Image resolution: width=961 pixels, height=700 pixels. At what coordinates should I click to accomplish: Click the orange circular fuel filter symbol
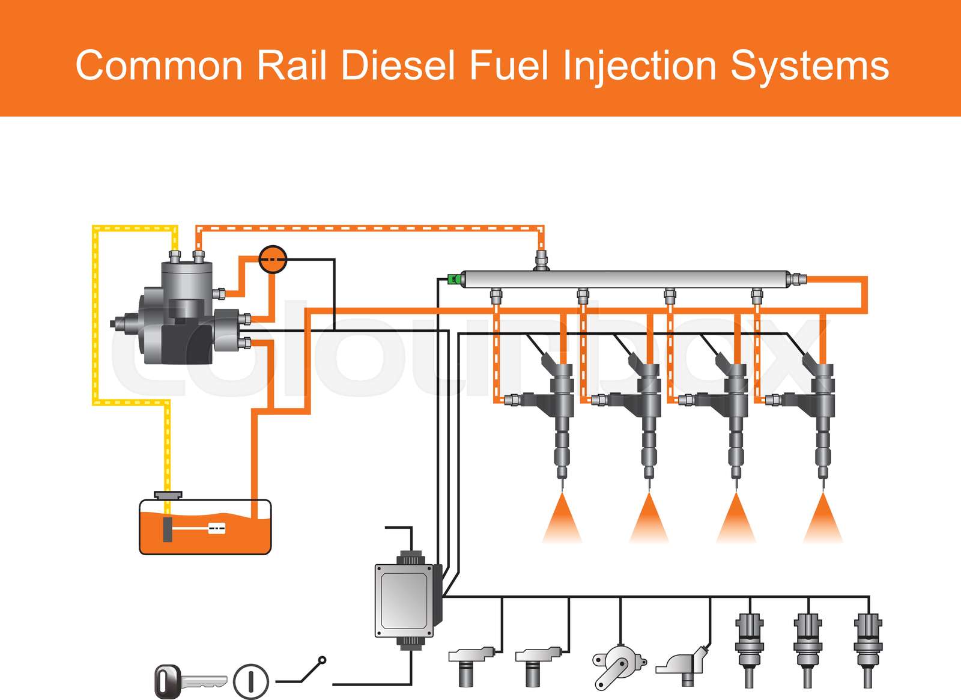(x=273, y=259)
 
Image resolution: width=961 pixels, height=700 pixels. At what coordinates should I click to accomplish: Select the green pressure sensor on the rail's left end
(x=455, y=279)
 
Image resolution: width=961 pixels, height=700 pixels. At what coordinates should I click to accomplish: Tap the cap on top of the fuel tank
(x=168, y=495)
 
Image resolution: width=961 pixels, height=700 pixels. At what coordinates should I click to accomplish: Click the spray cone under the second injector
(x=649, y=520)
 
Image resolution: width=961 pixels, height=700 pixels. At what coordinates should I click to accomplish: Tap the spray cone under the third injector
(x=736, y=520)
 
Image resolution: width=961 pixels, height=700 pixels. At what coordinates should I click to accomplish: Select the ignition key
(x=189, y=681)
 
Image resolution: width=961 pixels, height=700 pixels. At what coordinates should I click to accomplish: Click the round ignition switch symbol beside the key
(x=251, y=681)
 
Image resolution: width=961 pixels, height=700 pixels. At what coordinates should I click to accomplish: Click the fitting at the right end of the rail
(x=796, y=279)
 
